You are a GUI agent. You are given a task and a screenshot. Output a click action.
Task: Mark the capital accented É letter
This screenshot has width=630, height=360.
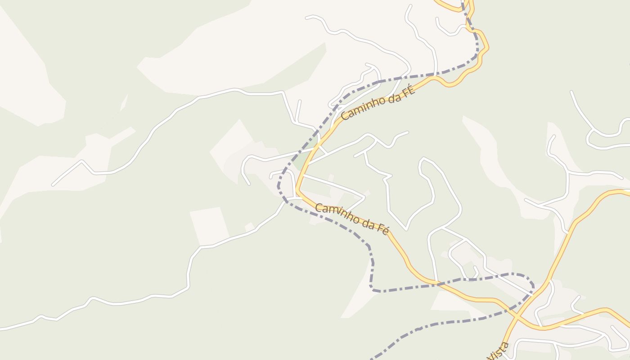(409, 86)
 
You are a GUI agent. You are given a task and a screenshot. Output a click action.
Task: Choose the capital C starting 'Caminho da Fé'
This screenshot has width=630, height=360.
(319, 208)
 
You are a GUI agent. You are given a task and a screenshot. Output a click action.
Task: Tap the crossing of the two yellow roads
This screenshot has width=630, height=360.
(517, 317)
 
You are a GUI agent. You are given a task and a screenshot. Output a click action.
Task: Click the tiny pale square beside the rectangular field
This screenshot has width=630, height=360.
(249, 226)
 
